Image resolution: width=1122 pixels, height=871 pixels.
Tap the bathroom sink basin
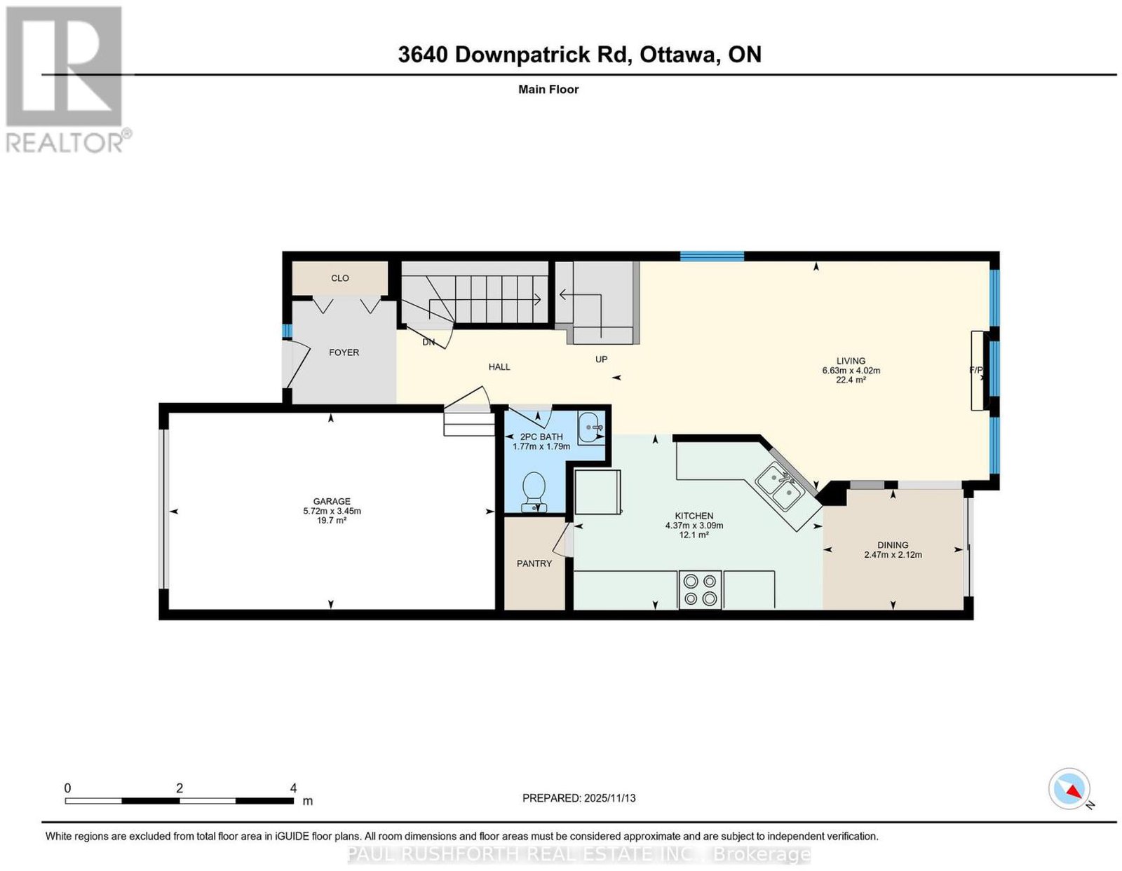pos(590,427)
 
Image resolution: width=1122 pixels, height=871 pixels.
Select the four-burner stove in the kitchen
pos(700,589)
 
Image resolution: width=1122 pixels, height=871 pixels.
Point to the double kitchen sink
pos(780,486)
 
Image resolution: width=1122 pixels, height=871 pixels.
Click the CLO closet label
pos(339,278)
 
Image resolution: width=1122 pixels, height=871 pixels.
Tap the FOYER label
pos(344,352)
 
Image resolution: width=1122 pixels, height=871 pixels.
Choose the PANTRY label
pos(534,563)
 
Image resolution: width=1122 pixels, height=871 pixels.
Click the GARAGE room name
pos(332,501)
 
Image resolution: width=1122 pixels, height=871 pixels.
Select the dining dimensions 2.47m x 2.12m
pos(893,555)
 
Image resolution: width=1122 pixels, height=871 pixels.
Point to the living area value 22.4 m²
pos(851,380)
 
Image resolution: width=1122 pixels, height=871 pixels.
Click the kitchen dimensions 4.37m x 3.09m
pos(694,526)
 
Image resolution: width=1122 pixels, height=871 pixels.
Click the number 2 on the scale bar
pos(179,788)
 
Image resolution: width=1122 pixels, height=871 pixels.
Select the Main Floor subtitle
pos(548,89)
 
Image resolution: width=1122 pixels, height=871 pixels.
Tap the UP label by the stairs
pos(601,359)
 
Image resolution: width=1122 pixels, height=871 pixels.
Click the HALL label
pos(499,367)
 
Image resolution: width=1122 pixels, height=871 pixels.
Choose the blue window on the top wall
pos(712,256)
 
